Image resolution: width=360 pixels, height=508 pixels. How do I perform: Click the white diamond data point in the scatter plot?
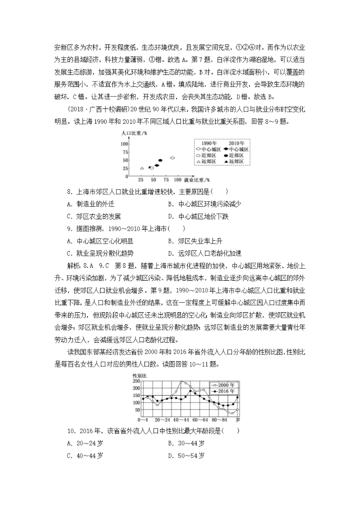(173, 158)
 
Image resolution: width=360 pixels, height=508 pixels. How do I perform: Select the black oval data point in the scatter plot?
(160, 161)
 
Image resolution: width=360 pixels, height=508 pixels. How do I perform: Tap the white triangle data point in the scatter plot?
(142, 168)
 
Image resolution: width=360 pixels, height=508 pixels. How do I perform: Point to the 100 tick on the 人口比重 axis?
(125, 144)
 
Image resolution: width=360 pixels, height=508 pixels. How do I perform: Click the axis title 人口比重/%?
(133, 133)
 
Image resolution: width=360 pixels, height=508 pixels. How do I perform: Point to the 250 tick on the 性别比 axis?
(136, 381)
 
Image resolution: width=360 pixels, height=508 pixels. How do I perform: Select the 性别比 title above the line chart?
(139, 375)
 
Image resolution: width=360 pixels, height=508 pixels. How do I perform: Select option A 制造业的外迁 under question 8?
(87, 204)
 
